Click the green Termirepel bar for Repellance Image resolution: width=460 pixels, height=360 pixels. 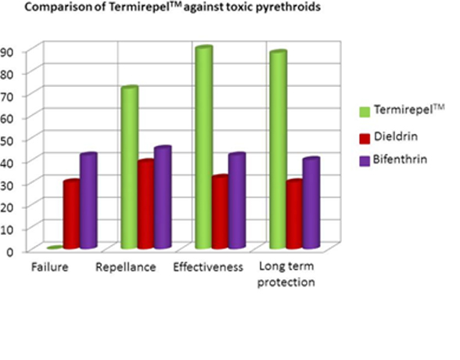point(130,168)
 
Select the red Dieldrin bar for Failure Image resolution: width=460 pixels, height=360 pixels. point(72,214)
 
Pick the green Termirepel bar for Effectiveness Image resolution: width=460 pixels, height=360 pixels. point(203,148)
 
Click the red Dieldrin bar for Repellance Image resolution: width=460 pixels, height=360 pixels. point(146,204)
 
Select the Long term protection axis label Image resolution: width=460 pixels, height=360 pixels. point(286,275)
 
